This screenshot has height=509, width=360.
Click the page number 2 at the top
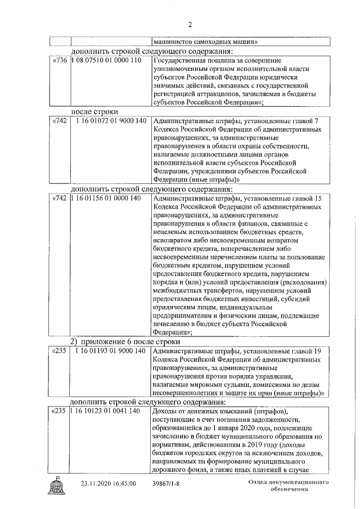click(190, 24)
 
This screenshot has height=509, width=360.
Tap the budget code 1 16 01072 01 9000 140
click(111, 121)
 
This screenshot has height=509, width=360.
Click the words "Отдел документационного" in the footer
click(288, 483)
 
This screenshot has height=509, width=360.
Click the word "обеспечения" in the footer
click(288, 490)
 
